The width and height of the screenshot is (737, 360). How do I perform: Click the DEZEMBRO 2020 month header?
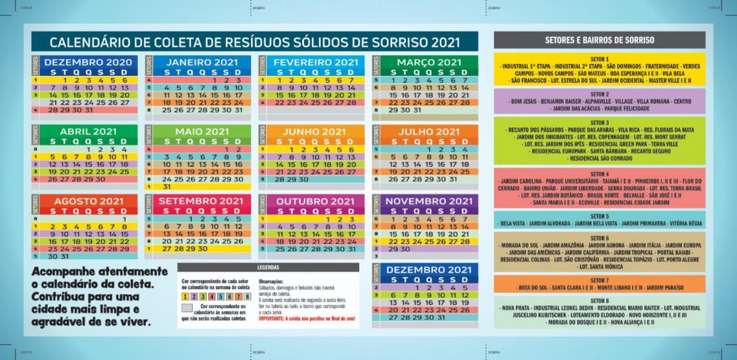pos(88,62)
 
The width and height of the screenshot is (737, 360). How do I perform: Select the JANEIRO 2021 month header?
pos(202,62)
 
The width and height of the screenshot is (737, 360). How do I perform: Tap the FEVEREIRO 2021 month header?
pos(316,62)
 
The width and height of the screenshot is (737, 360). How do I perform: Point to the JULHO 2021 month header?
pos(429,132)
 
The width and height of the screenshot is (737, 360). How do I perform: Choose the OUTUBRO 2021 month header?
pos(316,201)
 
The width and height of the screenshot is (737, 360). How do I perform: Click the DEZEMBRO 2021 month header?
pos(429,270)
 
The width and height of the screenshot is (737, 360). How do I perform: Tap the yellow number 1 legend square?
pos(185,297)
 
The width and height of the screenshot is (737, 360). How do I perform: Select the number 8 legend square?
pos(248,297)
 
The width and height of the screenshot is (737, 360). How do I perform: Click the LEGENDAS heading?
pos(268,267)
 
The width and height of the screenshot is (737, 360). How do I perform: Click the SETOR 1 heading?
pos(599,59)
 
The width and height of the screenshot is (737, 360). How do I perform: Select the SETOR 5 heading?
pos(599,217)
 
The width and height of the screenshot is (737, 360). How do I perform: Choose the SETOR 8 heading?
pos(599,301)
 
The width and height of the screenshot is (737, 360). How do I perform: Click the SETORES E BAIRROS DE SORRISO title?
pos(599,40)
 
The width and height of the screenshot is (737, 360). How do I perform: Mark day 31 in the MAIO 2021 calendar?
pos(166,187)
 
